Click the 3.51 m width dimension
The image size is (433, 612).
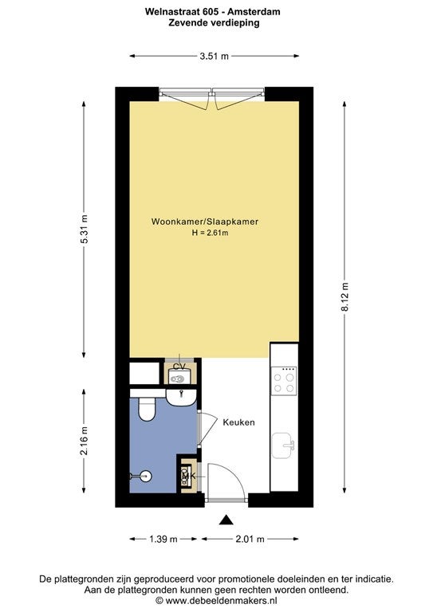click(x=214, y=57)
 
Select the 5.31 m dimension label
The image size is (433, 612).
click(x=84, y=229)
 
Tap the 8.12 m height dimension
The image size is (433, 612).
click(x=344, y=296)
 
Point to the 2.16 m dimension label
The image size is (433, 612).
click(x=84, y=441)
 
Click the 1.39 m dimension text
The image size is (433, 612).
click(x=163, y=539)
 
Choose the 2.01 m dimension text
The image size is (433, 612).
click(x=250, y=539)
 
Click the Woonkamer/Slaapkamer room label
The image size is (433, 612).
click(x=205, y=222)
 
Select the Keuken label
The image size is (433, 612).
click(x=239, y=422)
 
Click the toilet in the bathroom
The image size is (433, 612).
click(x=147, y=409)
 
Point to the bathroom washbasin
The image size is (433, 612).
click(x=181, y=398)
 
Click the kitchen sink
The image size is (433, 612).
click(x=282, y=445)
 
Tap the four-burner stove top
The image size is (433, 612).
click(x=284, y=381)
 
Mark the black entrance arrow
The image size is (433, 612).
click(x=226, y=520)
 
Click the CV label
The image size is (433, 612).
click(x=179, y=367)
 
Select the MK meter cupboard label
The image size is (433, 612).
click(x=188, y=477)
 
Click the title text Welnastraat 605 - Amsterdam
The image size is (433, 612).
click(x=213, y=12)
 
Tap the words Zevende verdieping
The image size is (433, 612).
click(x=214, y=22)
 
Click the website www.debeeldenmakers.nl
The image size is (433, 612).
click(x=222, y=600)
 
